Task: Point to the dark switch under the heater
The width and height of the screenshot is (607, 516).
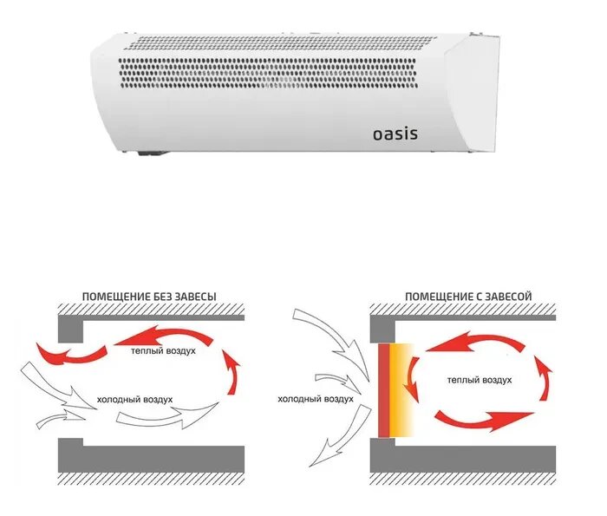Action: click(x=151, y=156)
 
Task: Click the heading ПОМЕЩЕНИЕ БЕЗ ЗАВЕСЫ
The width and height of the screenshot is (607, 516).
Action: click(x=150, y=297)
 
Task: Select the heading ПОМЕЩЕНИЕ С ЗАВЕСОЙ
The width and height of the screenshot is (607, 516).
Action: click(x=467, y=297)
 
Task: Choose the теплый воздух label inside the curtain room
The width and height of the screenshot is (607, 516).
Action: click(x=480, y=380)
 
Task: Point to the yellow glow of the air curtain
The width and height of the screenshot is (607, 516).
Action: click(x=404, y=390)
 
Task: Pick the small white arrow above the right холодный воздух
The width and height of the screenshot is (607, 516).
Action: click(x=334, y=378)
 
